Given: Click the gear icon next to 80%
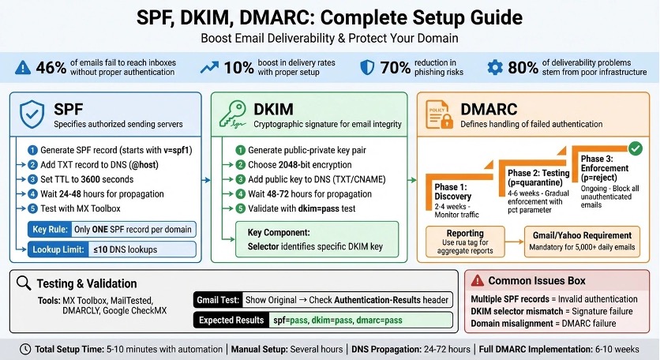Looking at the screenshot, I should click(495, 68).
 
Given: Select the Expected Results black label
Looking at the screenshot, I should click(230, 321).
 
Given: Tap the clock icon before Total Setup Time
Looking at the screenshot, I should click(26, 348).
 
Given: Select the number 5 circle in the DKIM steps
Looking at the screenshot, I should click(241, 208).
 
